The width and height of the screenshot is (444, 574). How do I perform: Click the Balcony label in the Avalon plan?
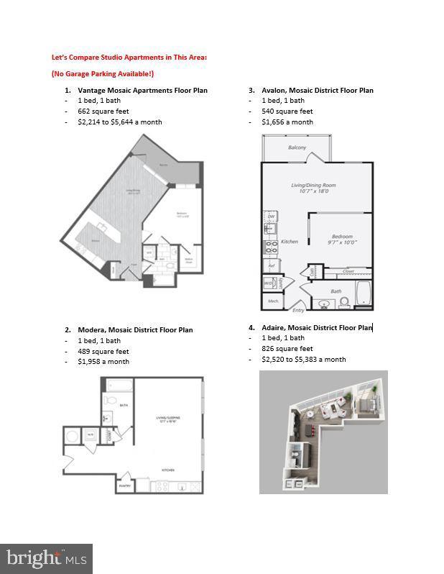coord(297,147)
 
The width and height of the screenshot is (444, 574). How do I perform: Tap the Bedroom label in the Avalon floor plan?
coord(342,237)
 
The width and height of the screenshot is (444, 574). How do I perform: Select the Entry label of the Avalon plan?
coord(298,310)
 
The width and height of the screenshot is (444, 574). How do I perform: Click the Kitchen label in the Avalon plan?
coord(289,242)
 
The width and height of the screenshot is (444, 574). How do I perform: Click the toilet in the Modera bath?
coord(109,400)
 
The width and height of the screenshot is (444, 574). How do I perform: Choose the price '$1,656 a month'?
coord(287,122)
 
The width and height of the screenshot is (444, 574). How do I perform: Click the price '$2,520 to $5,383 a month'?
coord(304,359)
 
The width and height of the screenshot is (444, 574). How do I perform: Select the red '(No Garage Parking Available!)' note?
coord(102,73)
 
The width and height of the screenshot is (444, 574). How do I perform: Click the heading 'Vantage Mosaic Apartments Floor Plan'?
coord(142,91)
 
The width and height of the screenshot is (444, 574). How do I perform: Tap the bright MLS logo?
coord(46,558)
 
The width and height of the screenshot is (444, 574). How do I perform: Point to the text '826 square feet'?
coord(287,348)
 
